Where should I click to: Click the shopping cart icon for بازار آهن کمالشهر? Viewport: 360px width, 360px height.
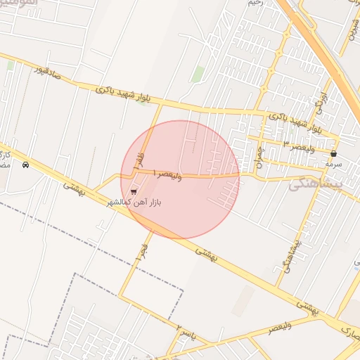click(x=134, y=191)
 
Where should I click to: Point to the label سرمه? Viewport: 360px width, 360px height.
click(x=333, y=164)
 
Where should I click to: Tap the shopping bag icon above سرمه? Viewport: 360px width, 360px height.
click(x=333, y=153)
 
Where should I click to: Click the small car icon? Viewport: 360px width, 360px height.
click(x=26, y=165)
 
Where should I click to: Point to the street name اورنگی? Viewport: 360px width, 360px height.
click(x=323, y=103)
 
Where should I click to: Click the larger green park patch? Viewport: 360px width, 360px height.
click(x=198, y=74)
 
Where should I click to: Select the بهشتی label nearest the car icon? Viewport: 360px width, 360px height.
click(x=72, y=188)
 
